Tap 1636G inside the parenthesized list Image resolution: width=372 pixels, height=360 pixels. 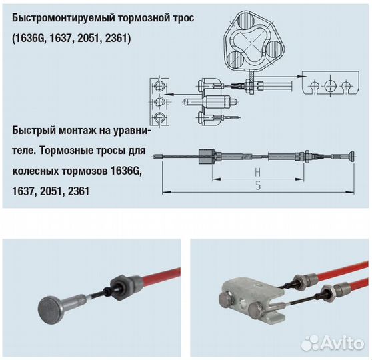point(31,39)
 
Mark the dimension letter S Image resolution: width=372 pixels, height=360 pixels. point(257,186)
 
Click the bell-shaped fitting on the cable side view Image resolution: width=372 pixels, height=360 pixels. point(208,157)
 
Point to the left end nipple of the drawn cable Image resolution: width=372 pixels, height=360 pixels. point(157,158)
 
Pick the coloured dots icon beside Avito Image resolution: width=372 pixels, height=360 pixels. point(310,343)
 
